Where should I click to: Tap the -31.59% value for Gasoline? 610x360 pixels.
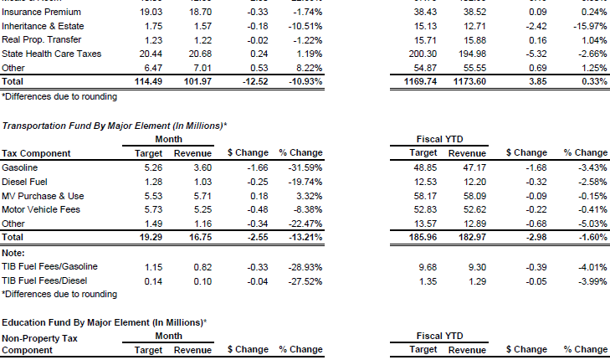point(305,167)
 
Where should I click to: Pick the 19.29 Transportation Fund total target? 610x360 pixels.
point(151,239)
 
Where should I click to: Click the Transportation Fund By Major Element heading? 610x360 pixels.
point(114,125)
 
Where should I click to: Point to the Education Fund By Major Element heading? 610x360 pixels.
point(104,322)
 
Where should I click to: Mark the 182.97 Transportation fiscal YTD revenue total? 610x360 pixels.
point(471,239)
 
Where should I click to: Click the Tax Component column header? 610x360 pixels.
point(36,153)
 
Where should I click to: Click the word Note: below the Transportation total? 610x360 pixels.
point(13,252)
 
